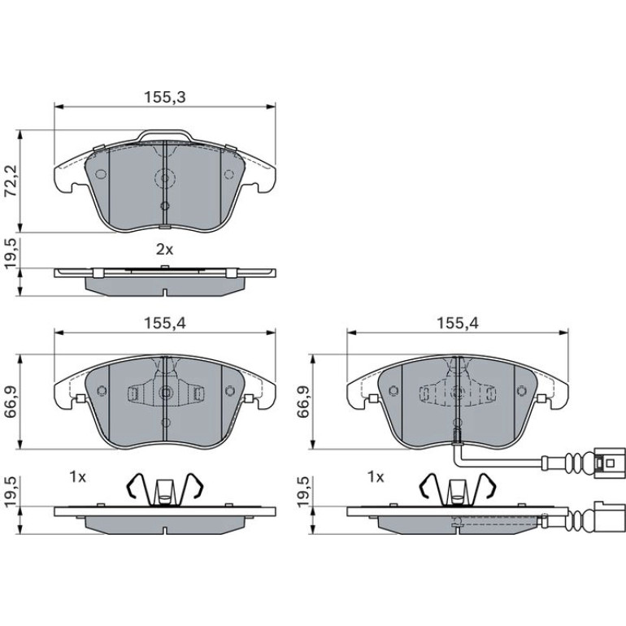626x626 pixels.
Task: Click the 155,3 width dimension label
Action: click(x=165, y=98)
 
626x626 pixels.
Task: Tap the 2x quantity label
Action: click(x=164, y=250)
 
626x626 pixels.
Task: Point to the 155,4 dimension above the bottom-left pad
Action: click(x=165, y=324)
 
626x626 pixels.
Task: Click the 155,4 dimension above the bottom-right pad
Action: click(x=458, y=324)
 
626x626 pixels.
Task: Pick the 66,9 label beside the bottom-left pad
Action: click(x=11, y=402)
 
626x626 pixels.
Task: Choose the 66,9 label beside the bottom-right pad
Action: click(x=303, y=402)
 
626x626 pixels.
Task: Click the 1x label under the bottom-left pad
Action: click(x=78, y=476)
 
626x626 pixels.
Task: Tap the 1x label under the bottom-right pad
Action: click(x=376, y=476)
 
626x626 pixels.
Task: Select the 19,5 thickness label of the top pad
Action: click(x=11, y=253)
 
